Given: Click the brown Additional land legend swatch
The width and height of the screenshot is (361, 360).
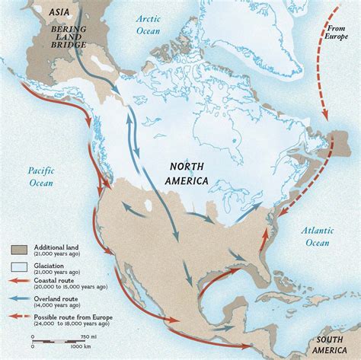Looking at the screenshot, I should tap(20, 249).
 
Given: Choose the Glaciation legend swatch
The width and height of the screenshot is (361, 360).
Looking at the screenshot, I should tap(20, 266).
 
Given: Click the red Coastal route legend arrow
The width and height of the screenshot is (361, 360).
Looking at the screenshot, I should tap(20, 282).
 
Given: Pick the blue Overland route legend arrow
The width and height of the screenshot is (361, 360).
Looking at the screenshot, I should tap(20, 298).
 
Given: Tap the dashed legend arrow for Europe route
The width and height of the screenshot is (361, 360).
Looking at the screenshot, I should tap(20, 314).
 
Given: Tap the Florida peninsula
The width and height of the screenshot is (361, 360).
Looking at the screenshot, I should tap(265, 267).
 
